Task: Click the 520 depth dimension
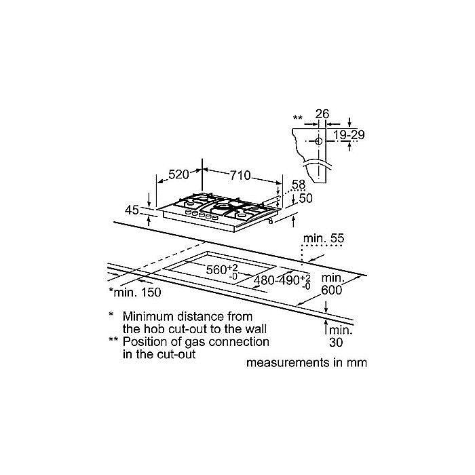[178, 174]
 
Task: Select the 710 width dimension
[240, 175]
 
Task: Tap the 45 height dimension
[132, 210]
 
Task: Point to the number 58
[299, 185]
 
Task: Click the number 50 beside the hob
[305, 198]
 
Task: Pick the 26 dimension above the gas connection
[322, 114]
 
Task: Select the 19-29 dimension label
[349, 135]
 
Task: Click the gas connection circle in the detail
[319, 141]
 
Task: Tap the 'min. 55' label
[324, 238]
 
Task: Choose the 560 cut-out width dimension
[222, 269]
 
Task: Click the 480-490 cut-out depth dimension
[282, 281]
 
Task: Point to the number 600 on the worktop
[331, 290]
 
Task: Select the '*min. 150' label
[135, 292]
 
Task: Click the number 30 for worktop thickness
[336, 342]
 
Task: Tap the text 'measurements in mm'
[307, 362]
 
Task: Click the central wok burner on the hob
[221, 208]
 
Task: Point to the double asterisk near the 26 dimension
[298, 118]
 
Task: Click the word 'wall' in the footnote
[256, 329]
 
